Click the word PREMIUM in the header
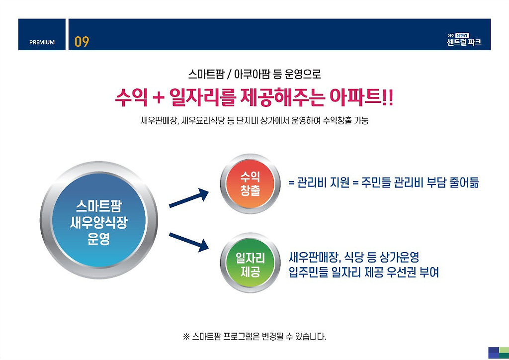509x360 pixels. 42,42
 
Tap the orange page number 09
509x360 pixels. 82,42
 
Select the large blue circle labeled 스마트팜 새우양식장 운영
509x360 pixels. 98,220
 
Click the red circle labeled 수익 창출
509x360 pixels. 250,183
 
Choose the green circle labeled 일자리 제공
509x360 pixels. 250,264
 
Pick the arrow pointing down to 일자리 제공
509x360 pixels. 188,240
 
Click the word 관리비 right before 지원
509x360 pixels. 312,182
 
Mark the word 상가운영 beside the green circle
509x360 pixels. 400,258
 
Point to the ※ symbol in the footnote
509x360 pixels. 187,337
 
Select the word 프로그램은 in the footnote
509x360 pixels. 242,337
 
